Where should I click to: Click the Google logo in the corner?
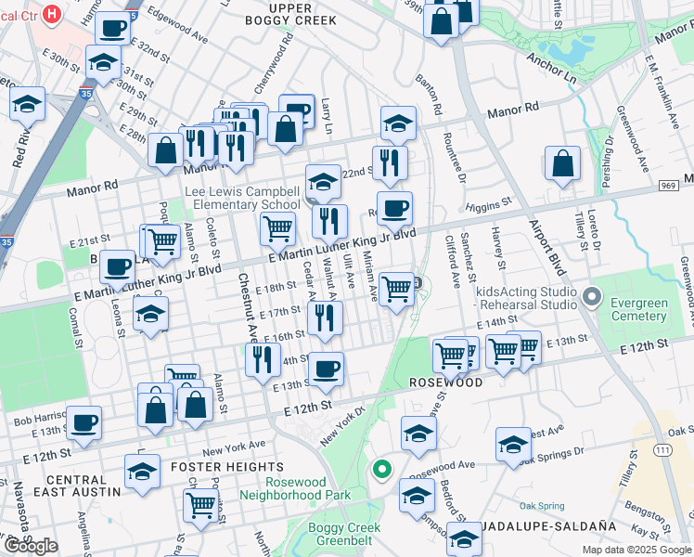tap(31, 546)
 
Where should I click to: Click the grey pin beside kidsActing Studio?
tap(594, 299)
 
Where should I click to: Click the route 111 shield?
tap(662, 449)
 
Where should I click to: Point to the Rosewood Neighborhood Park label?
tap(295, 488)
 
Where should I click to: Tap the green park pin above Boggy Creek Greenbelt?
tap(380, 470)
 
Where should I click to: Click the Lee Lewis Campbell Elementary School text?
tap(242, 198)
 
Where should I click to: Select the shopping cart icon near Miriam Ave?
tap(397, 288)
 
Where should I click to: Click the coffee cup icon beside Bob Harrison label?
tap(84, 422)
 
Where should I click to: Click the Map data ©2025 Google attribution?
tap(636, 550)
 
